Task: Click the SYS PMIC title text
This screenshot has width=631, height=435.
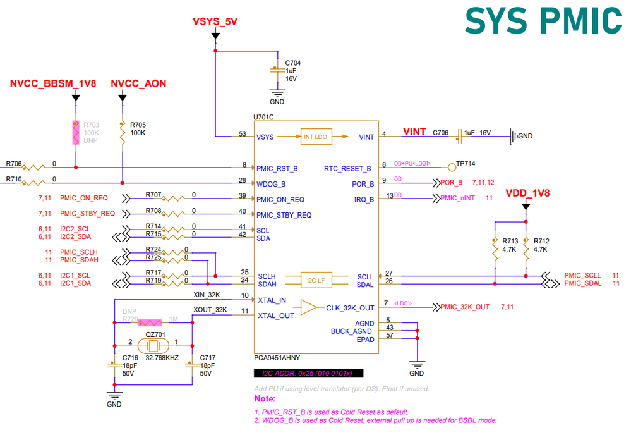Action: [x=543, y=21]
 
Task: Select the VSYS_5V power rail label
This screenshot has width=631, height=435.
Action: [x=215, y=21]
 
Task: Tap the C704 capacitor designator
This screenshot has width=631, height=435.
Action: [x=293, y=63]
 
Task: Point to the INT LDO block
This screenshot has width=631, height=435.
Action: [x=316, y=137]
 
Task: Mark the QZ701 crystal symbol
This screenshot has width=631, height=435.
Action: [x=153, y=346]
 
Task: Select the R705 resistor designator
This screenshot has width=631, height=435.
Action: [x=138, y=125]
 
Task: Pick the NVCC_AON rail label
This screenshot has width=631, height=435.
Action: [x=138, y=83]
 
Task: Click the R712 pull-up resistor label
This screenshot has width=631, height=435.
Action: [x=541, y=241]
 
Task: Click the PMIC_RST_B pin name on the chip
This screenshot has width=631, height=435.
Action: [x=277, y=169]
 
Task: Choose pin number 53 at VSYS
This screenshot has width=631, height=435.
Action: [x=243, y=133]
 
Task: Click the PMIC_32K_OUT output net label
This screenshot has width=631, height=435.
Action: [x=465, y=307]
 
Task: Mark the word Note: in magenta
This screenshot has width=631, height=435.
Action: [x=264, y=399]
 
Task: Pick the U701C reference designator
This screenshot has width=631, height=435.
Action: [x=265, y=118]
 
